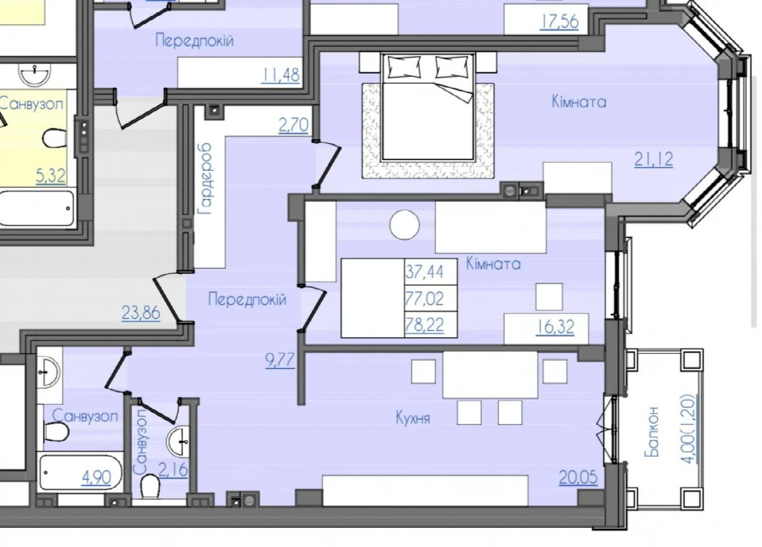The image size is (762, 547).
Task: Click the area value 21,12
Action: (x=653, y=159)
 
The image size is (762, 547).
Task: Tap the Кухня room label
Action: (x=413, y=417)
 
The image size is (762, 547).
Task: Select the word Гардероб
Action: (x=206, y=179)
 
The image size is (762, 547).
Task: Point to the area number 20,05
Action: (x=578, y=478)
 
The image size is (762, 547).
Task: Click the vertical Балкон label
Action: (x=652, y=431)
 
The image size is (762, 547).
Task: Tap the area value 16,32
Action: (x=555, y=328)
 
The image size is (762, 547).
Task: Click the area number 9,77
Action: (x=280, y=361)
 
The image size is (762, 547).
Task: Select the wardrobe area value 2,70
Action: (x=293, y=125)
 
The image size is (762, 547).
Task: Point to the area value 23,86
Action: (x=141, y=313)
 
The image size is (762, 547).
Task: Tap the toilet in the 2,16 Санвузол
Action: (x=150, y=486)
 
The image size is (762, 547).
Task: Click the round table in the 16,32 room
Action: (x=404, y=225)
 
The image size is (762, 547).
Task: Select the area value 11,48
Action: (x=281, y=75)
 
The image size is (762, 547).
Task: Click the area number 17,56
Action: (x=559, y=22)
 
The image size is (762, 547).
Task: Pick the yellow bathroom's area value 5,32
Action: (x=51, y=177)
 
